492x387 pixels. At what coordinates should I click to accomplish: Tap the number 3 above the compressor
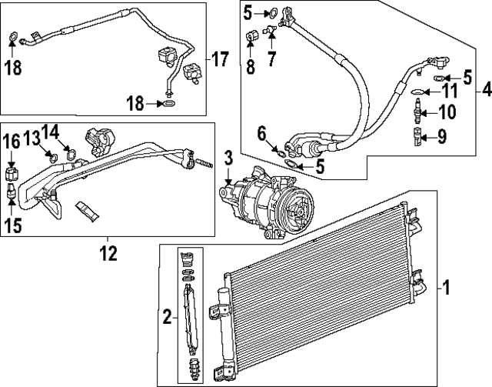coord(228,158)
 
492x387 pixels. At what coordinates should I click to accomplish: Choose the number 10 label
coord(447,112)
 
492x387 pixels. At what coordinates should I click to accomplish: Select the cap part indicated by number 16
coord(12,171)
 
